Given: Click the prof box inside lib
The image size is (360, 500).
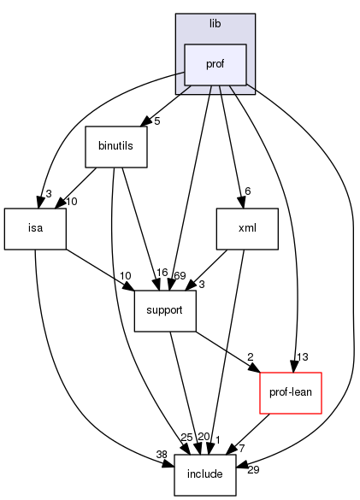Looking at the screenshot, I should [x=215, y=64].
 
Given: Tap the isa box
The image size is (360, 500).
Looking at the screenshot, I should [x=35, y=228].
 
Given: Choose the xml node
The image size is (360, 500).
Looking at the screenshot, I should [x=246, y=228].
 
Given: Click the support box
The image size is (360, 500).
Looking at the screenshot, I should [x=165, y=310].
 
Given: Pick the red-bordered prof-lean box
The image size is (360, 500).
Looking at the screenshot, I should [x=290, y=392].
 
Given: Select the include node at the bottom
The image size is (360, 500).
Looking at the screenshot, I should [x=205, y=474].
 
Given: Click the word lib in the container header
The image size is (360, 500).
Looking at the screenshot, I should [x=215, y=24].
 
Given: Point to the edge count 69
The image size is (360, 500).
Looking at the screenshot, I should [x=180, y=274].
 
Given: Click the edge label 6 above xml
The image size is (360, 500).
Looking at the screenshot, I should [x=248, y=191].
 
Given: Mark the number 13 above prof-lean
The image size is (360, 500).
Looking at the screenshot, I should [x=303, y=356].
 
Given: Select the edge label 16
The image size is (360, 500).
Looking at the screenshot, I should [x=161, y=274].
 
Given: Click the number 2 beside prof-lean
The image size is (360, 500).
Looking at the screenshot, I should [x=251, y=356].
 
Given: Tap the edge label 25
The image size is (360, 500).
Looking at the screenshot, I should [x=186, y=438].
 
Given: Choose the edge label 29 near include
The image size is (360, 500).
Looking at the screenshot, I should [x=253, y=471].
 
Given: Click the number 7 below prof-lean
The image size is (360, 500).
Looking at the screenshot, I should [x=242, y=449].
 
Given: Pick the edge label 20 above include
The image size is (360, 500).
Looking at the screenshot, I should [x=203, y=438].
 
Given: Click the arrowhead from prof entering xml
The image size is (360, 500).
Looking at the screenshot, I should [x=241, y=203].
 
